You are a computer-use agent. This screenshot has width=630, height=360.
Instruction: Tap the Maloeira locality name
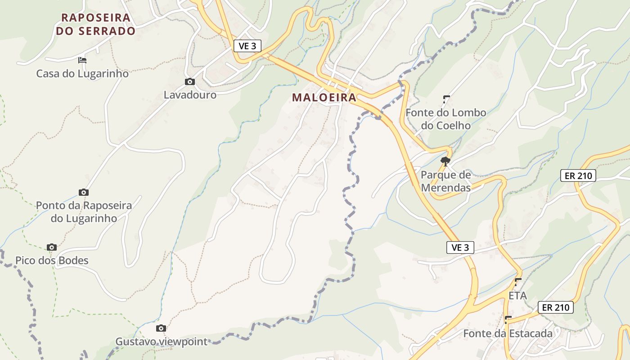(x=324, y=97)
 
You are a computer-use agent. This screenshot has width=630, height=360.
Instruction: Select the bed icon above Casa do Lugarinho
(x=82, y=60)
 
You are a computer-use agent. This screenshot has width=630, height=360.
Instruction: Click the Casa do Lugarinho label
(x=82, y=73)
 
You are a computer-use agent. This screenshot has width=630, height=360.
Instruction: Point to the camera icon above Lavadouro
(x=190, y=81)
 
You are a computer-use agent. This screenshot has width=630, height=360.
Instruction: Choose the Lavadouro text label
(x=190, y=95)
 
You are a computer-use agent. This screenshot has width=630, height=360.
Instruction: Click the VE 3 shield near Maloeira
(x=247, y=46)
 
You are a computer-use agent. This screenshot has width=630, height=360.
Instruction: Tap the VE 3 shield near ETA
(x=460, y=247)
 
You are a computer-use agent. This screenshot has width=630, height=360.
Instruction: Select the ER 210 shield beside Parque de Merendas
(x=578, y=175)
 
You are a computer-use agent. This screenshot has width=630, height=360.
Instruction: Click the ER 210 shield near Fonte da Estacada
(x=556, y=308)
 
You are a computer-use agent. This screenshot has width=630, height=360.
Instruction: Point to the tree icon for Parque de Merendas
(x=445, y=161)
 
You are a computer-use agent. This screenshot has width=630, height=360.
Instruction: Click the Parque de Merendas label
(x=446, y=181)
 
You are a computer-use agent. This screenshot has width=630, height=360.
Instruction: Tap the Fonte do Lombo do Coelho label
(x=446, y=119)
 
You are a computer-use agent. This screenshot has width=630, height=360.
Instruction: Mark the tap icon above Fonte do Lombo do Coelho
(x=446, y=99)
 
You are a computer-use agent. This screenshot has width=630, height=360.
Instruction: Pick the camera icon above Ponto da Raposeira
(x=84, y=193)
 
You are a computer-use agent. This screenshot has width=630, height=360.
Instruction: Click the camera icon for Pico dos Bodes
(x=52, y=247)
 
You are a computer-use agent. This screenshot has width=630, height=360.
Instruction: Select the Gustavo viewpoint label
(x=162, y=342)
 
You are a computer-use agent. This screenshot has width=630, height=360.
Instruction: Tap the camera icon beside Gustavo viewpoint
(x=161, y=328)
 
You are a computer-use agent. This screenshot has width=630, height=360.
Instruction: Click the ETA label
(x=517, y=296)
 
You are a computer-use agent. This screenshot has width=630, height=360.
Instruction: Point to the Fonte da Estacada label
(x=508, y=333)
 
